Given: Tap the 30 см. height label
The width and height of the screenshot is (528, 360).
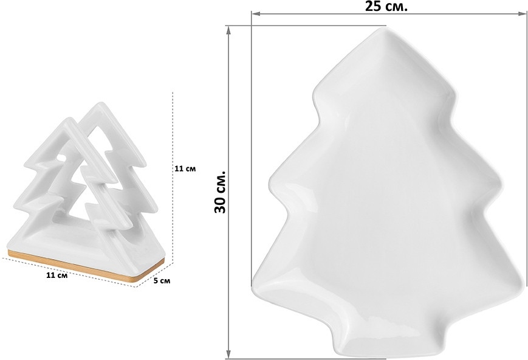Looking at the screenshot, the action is (x=220, y=192).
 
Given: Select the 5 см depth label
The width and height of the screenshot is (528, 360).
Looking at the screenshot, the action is (x=162, y=280).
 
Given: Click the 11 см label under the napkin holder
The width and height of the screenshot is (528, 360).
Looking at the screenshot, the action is (x=57, y=275).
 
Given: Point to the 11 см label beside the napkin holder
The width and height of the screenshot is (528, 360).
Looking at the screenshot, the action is (x=185, y=168).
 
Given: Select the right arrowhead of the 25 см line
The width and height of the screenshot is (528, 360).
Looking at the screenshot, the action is (x=523, y=14).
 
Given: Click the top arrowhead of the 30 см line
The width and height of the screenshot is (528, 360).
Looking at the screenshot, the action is (x=228, y=30).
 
